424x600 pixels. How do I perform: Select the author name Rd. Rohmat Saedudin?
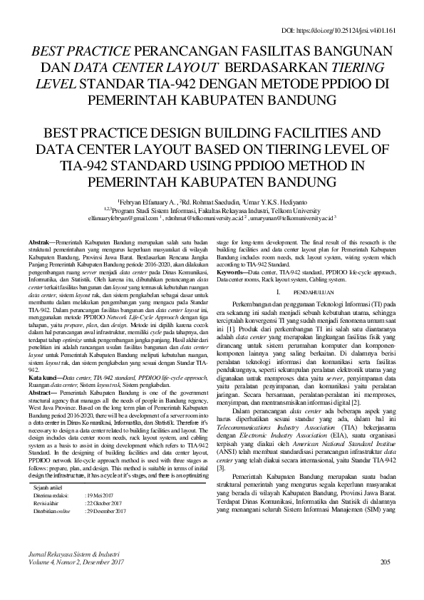click(x=210, y=202)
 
